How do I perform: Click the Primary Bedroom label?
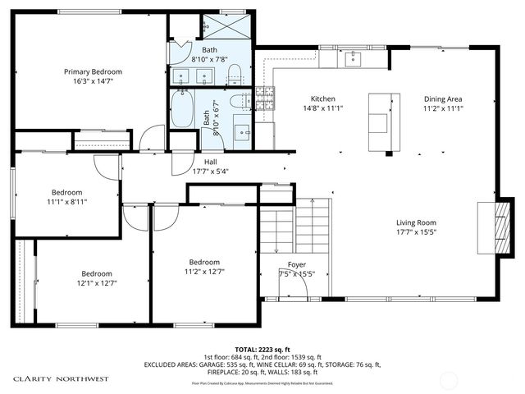click(x=92, y=72)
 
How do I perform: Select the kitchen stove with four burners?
click(x=264, y=98)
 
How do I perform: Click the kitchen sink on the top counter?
click(x=354, y=58)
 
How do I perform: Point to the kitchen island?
click(x=379, y=122)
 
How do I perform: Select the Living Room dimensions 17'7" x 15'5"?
click(x=416, y=233)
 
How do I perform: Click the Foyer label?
click(x=295, y=265)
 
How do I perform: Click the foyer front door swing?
click(x=297, y=284)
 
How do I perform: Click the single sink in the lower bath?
click(x=242, y=131)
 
